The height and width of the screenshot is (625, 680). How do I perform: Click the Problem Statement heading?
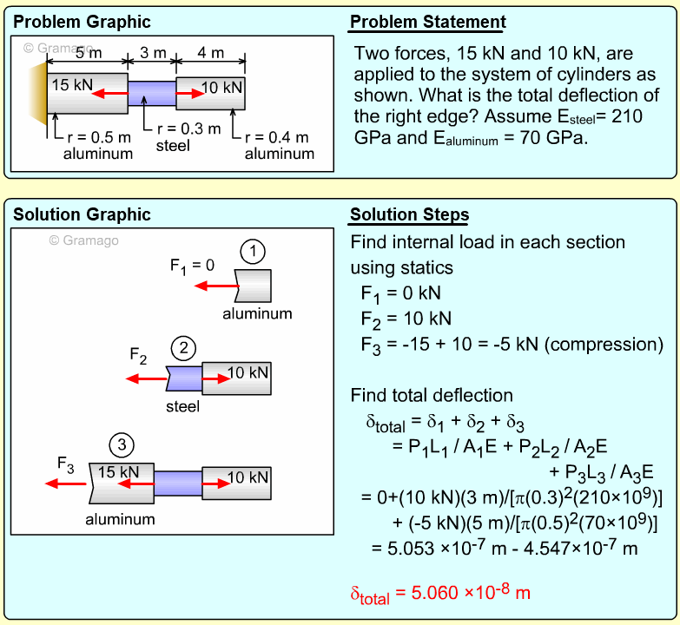(427, 23)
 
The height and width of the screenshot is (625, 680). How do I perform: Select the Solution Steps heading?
(409, 215)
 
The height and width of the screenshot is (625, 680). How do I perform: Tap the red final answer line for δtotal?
(440, 594)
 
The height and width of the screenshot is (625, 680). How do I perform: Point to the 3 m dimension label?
(153, 53)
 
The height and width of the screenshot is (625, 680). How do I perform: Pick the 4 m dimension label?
(210, 53)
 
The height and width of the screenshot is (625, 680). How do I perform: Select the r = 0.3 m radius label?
(186, 128)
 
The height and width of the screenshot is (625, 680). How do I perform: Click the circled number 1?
(252, 253)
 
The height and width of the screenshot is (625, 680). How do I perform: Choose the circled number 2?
(183, 349)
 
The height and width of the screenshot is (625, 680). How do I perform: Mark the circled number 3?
(122, 446)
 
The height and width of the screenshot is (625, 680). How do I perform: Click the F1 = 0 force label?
(192, 265)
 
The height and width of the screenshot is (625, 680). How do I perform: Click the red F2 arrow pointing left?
(146, 378)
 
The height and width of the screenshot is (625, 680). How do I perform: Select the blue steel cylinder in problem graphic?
(151, 91)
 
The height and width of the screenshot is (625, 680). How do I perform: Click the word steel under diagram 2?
(182, 406)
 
